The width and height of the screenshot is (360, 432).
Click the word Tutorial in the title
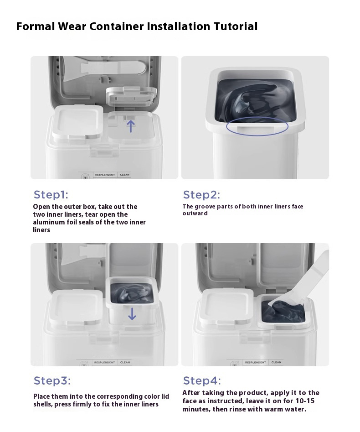[236, 26]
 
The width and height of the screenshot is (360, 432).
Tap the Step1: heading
[51, 195]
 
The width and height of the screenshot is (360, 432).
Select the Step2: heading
[201, 195]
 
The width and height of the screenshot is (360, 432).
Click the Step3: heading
[52, 380]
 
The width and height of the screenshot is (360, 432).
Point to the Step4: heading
[202, 380]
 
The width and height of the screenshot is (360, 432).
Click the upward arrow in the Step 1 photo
[131, 125]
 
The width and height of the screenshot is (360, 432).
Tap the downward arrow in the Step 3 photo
[132, 314]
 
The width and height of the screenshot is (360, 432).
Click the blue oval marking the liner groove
[257, 126]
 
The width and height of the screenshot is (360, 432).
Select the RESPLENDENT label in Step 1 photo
[105, 175]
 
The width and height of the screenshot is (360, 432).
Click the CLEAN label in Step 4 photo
[276, 362]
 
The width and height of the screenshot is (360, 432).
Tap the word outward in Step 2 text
[195, 213]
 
